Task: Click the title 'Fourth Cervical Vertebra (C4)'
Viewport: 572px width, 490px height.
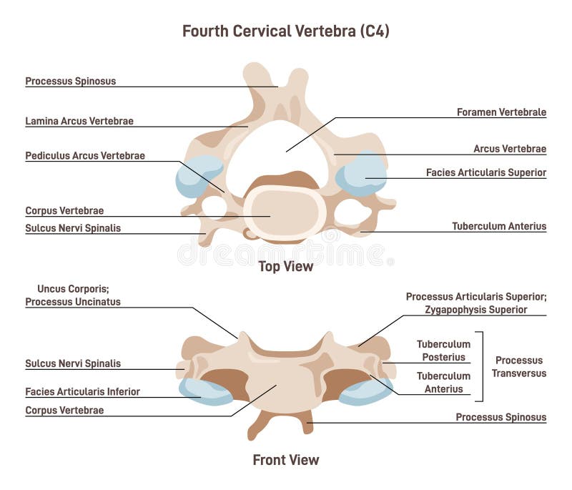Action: pyautogui.click(x=285, y=31)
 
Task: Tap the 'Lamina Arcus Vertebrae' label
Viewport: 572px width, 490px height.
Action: pyautogui.click(x=79, y=121)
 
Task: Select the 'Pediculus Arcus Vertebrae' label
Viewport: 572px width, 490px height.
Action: pyautogui.click(x=85, y=155)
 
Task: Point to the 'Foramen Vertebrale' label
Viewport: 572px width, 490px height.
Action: pyautogui.click(x=501, y=112)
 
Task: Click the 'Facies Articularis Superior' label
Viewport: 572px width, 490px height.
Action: pyautogui.click(x=486, y=172)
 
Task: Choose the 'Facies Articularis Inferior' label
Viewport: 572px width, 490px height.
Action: pyautogui.click(x=82, y=391)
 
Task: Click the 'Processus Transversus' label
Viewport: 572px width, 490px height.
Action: pyautogui.click(x=520, y=366)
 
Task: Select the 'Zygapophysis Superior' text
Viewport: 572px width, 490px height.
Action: pyautogui.click(x=475, y=310)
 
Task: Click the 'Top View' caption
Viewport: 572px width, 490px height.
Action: pyautogui.click(x=285, y=267)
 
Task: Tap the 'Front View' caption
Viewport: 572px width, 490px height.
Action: pyautogui.click(x=285, y=460)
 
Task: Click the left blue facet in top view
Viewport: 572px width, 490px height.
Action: pyautogui.click(x=197, y=176)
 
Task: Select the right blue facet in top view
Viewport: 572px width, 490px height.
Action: pyautogui.click(x=363, y=174)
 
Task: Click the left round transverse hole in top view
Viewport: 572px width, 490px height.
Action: pyautogui.click(x=214, y=207)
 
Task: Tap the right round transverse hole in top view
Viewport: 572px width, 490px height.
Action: pyautogui.click(x=350, y=212)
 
